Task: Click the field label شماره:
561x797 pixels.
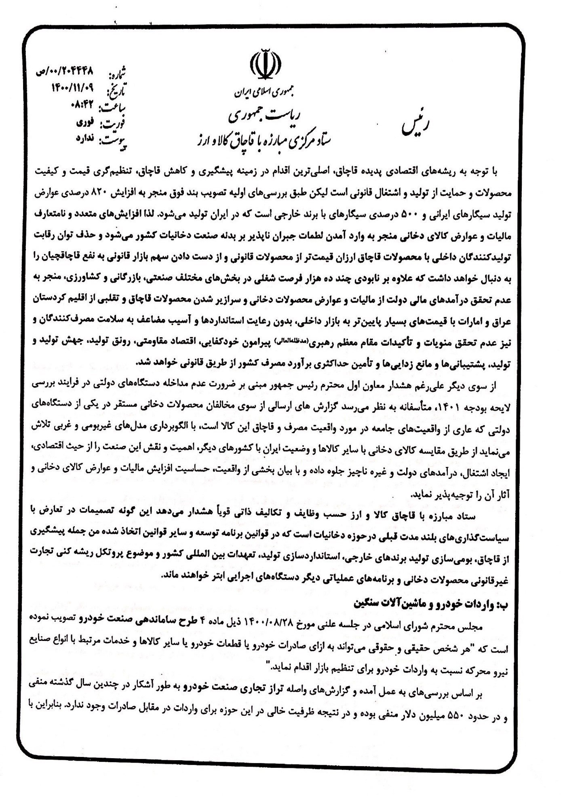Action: coord(118,74)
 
